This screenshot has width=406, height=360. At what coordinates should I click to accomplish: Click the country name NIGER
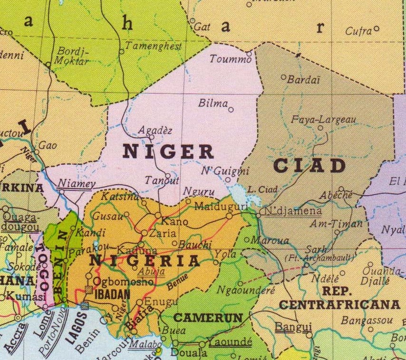[x=168, y=152]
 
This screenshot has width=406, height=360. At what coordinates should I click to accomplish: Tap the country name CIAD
[x=309, y=166]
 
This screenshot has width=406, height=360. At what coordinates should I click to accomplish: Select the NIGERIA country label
[x=145, y=261]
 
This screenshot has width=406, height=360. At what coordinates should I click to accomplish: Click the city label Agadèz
[x=155, y=130]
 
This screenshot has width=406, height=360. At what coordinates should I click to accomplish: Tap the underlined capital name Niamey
[x=77, y=184]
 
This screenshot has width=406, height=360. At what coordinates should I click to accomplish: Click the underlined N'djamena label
[x=293, y=211]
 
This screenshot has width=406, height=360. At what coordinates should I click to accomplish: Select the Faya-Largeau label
[x=323, y=120]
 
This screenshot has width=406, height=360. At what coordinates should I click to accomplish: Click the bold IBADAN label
[x=113, y=294]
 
